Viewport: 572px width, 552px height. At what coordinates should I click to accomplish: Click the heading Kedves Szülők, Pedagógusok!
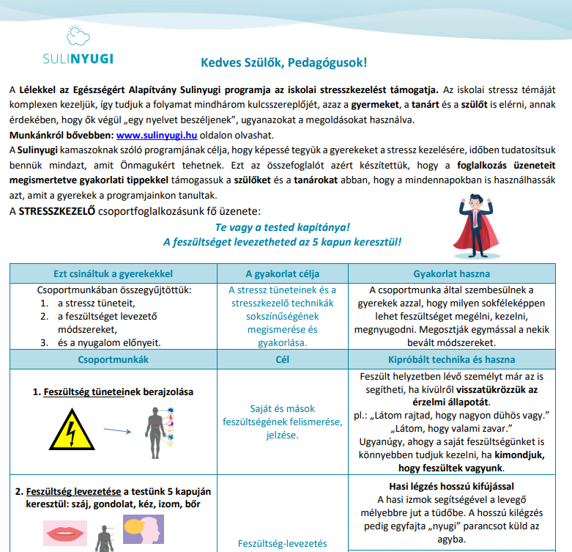point(284,63)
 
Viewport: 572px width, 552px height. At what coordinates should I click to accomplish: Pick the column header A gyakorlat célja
point(282,274)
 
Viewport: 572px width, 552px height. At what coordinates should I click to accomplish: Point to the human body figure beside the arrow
point(155,430)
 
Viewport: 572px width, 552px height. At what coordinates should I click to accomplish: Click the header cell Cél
point(282,360)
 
